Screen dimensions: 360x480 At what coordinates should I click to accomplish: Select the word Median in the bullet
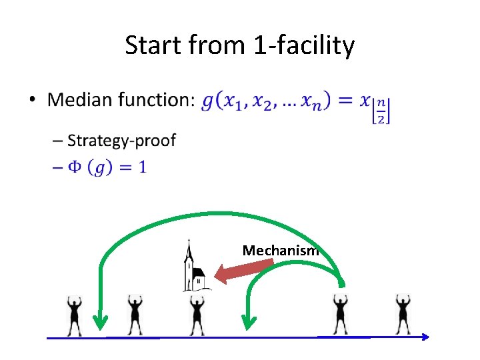pos(80,100)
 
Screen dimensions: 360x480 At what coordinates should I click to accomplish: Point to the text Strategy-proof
pos(122,140)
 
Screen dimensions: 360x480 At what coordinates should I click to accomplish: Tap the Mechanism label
pos(281,251)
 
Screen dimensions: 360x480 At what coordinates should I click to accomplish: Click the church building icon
pos(196,271)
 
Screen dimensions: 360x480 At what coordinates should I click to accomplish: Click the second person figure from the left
pos(135,315)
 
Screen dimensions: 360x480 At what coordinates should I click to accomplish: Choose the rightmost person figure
pos(402,315)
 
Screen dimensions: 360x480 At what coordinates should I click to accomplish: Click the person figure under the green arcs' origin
pos(341,315)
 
